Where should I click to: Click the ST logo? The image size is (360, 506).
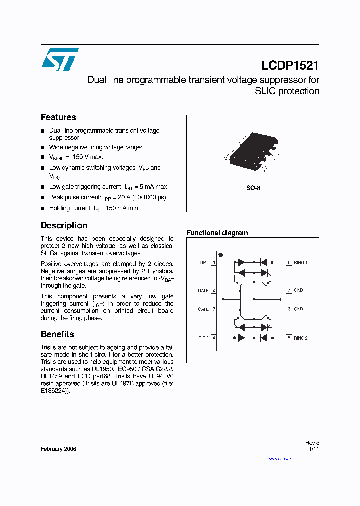coord(60,60)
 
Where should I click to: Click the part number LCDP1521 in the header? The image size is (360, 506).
coord(290,65)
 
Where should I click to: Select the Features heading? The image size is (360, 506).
coord(58,117)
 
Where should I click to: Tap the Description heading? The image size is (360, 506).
coord(64,225)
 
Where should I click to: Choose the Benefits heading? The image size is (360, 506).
coord(57,334)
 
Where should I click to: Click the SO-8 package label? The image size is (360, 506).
coord(253,188)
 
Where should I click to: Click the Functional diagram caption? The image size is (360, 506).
coord(217,233)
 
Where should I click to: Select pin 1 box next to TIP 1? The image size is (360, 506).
coord(214,262)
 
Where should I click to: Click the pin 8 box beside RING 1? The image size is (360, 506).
coord(289,262)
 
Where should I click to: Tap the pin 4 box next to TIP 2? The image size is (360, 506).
coord(214,338)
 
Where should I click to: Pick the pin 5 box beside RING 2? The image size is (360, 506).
coord(289,338)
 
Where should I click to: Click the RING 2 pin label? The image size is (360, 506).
coord(301,338)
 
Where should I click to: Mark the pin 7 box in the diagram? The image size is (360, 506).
coord(289,290)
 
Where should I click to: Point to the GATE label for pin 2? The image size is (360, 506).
coord(203,290)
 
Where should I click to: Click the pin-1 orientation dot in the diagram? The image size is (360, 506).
coord(221,255)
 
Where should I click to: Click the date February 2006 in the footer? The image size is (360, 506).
coord(58,449)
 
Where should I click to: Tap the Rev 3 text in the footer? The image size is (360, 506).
coord(312,443)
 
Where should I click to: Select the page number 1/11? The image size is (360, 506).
coord(314,449)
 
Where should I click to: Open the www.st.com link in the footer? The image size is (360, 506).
coord(279,458)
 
